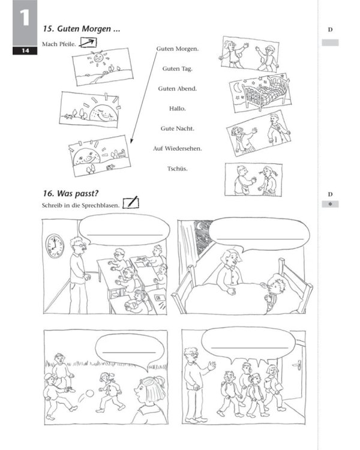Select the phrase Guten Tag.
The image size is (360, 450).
pyautogui.click(x=178, y=68)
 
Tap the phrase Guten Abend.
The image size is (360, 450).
pyautogui.click(x=178, y=88)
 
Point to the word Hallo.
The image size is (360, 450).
pyautogui.click(x=178, y=109)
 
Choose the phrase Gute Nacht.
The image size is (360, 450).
pyautogui.click(x=178, y=128)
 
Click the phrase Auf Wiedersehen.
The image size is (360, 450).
pyautogui.click(x=178, y=148)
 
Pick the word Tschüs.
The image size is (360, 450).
pyautogui.click(x=178, y=168)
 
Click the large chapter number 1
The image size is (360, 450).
pyautogui.click(x=25, y=18)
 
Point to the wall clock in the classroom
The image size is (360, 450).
pyautogui.click(x=55, y=246)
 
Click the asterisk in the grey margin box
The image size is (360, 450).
pyautogui.click(x=330, y=205)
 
